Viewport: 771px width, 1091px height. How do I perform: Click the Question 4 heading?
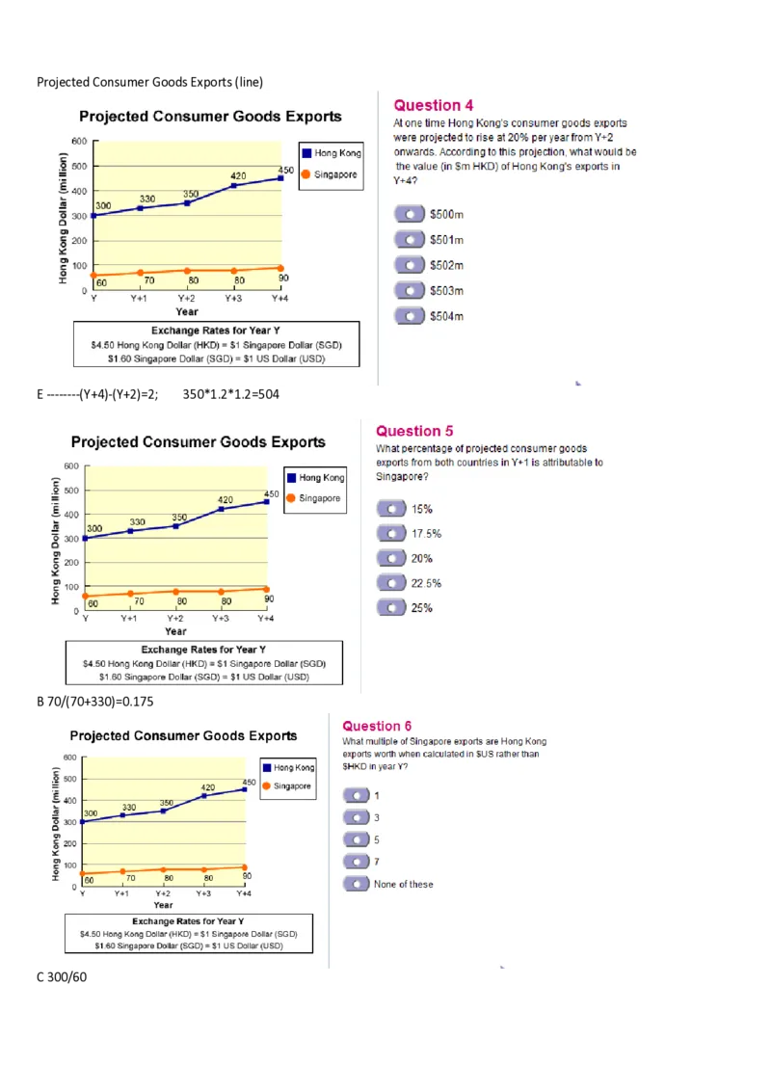tap(434, 105)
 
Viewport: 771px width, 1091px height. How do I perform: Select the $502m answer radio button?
tap(410, 265)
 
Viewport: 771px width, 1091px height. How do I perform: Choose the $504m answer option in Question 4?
tap(410, 315)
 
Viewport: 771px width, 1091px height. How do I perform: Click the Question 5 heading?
tap(414, 431)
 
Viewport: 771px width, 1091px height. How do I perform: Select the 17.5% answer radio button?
tap(391, 533)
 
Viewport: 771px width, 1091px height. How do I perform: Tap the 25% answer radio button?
tap(391, 607)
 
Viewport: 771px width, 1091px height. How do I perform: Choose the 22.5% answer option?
tap(391, 583)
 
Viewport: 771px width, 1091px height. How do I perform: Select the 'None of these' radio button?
tap(357, 884)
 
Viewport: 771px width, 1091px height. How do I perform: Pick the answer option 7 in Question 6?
tap(357, 861)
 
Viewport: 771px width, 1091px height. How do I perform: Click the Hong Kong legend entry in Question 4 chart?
tap(331, 153)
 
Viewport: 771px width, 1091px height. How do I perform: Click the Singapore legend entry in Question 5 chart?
tap(313, 498)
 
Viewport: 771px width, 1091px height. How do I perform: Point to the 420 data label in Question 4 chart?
tap(238, 175)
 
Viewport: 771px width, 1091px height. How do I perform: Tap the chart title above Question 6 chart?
tap(183, 735)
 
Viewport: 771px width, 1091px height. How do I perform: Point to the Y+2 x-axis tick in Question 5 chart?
tap(175, 618)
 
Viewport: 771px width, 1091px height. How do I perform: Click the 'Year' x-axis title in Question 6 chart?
tap(163, 905)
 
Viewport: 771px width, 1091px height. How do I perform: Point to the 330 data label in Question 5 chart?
tap(138, 521)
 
